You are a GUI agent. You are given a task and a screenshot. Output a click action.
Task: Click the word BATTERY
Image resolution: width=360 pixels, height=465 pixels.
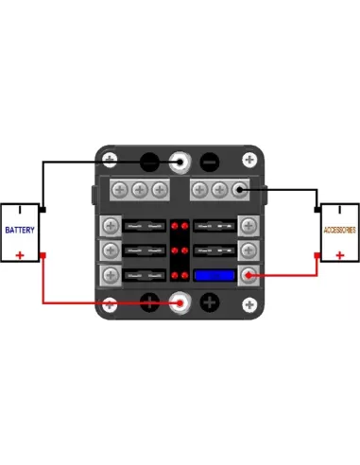coord(20,230)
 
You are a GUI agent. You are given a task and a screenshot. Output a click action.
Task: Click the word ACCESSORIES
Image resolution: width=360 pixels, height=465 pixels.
coord(340,230)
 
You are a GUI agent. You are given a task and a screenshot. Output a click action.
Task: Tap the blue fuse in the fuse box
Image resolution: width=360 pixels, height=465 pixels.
coord(214,275)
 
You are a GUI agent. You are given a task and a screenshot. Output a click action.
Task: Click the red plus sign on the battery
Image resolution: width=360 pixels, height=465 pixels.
coord(20,255)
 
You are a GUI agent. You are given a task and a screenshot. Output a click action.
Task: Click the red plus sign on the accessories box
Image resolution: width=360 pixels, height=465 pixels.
coord(340,255)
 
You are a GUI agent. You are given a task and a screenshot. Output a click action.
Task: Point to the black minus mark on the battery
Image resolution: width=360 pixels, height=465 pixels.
coord(20,210)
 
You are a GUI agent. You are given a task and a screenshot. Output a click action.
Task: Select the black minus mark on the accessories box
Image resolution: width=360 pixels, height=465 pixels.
coord(340,210)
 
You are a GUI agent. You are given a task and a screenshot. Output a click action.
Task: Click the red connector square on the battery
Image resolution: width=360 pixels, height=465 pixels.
coord(43,255)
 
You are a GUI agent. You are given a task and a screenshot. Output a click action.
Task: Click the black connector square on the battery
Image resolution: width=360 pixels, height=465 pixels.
coord(43,210)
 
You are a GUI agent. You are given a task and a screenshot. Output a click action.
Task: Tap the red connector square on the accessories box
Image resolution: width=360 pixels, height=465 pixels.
coord(317,255)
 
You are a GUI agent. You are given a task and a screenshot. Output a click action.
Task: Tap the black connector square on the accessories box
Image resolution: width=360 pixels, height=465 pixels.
coord(317,210)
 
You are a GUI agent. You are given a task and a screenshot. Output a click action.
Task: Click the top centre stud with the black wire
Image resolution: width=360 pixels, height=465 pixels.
coord(180,163)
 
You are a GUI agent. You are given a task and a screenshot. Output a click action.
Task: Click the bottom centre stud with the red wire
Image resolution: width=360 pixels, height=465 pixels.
coord(180,303)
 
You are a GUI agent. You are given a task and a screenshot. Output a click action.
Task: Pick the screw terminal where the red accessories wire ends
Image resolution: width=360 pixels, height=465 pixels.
coord(249,275)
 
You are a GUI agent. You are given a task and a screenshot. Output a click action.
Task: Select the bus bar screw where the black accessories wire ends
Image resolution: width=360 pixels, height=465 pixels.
coord(239,190)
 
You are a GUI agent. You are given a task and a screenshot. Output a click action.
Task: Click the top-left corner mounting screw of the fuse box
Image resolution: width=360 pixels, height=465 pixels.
coord(110,160)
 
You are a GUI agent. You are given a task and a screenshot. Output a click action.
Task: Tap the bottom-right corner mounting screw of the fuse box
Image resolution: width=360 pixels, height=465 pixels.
coord(249,304)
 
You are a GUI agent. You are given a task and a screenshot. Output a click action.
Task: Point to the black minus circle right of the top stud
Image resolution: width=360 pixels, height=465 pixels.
coord(210,163)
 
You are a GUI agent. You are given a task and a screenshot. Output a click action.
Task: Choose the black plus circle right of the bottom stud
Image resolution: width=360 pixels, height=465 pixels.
coord(210,302)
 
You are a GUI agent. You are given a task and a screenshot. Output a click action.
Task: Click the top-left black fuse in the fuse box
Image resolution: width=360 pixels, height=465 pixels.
coord(145,226)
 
